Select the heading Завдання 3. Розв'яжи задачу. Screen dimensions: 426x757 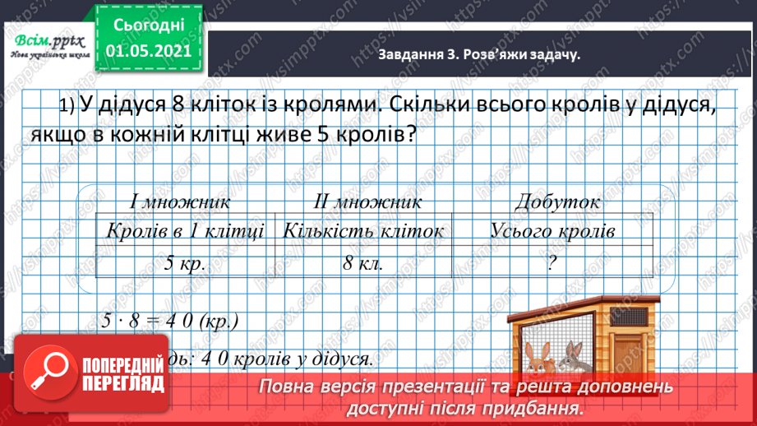[474, 54]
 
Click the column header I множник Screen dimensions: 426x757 [179, 201]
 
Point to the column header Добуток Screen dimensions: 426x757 [556, 201]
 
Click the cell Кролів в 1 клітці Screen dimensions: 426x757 [185, 231]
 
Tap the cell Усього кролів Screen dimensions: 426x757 [552, 231]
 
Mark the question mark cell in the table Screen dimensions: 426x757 [552, 265]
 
